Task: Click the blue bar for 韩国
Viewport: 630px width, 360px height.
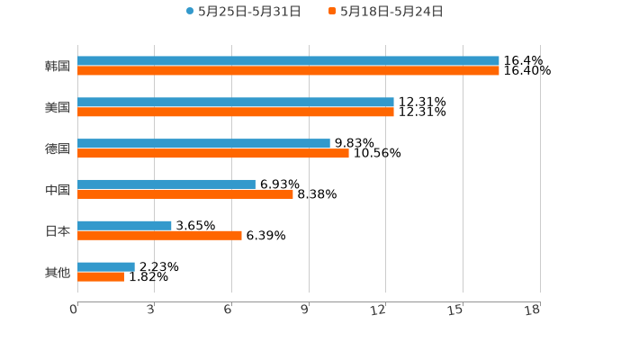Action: click(288, 61)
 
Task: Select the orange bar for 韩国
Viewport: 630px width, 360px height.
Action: click(288, 71)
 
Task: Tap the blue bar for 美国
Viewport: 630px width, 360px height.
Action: click(236, 103)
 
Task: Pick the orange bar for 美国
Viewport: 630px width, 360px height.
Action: click(236, 112)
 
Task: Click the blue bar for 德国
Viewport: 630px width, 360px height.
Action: click(203, 143)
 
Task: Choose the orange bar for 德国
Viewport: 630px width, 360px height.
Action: click(213, 154)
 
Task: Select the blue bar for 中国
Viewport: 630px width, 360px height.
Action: click(166, 184)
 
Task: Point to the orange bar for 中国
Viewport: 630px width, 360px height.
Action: click(185, 194)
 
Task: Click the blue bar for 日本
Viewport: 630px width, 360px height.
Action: click(124, 226)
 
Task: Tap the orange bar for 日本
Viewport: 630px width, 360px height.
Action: click(159, 236)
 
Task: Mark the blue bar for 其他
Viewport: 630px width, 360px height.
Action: click(106, 266)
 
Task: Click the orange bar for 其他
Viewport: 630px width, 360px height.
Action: click(101, 277)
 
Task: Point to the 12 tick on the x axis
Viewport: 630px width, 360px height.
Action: click(380, 310)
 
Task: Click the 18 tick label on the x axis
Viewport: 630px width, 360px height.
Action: click(533, 310)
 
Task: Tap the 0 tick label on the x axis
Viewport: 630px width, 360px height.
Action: click(74, 310)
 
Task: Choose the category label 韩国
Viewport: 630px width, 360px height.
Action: click(58, 67)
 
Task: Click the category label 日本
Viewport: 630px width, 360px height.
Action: click(58, 231)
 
